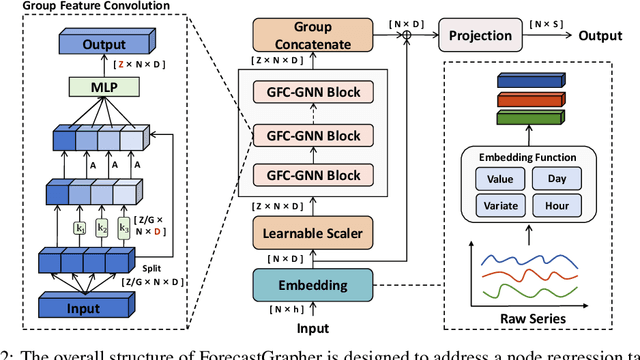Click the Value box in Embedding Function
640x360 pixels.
coord(493,179)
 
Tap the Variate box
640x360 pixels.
coord(493,205)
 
